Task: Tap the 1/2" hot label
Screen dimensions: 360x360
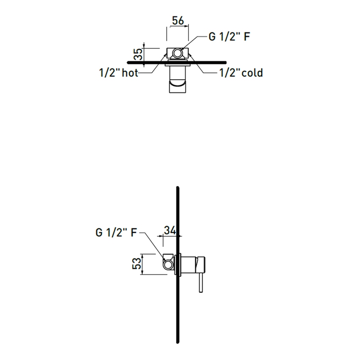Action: (119, 73)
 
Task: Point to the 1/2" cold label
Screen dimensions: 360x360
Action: (241, 73)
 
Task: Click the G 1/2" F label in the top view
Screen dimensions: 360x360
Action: (229, 36)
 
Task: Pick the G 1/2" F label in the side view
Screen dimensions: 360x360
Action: (116, 232)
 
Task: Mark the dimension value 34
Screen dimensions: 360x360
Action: (170, 230)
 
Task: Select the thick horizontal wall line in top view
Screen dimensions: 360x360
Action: (254, 62)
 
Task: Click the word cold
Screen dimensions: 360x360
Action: (252, 73)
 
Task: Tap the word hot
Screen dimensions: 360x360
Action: (130, 73)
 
